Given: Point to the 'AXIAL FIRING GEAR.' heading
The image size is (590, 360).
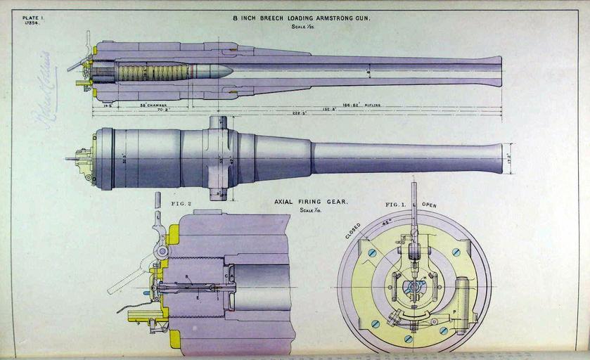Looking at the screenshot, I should tap(310, 202).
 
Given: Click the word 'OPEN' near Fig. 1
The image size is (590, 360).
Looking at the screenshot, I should tap(429, 205).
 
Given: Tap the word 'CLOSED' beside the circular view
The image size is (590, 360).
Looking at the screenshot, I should tap(353, 231).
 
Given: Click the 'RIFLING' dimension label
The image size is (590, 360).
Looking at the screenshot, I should tap(373, 105).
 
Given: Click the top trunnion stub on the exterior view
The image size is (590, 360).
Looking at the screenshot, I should tap(217, 122).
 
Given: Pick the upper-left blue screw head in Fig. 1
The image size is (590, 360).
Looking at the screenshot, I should tap(373, 252).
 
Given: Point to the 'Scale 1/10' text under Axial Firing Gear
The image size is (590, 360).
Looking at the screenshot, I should tap(310, 210).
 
